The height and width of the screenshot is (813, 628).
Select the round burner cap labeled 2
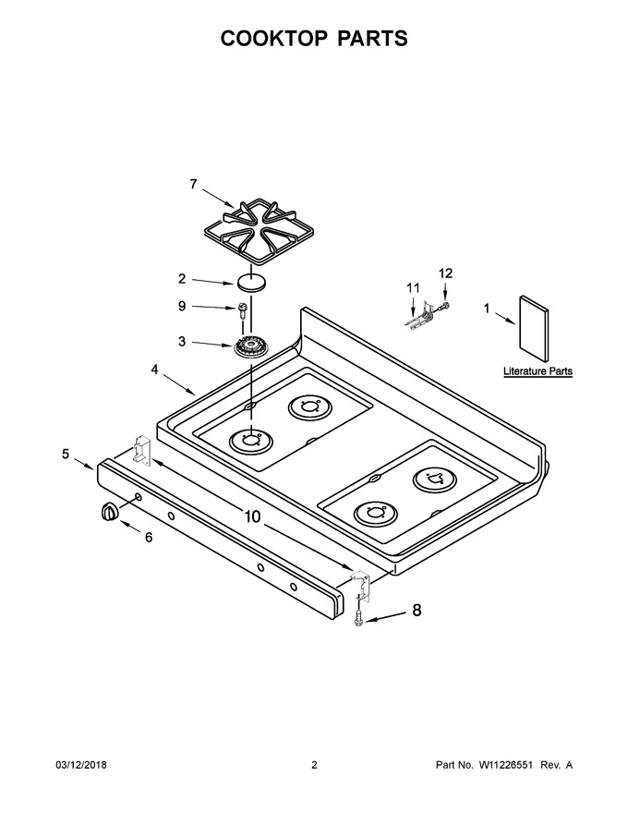point(251,283)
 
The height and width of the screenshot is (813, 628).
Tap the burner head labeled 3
point(251,346)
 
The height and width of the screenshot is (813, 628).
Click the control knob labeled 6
point(108,511)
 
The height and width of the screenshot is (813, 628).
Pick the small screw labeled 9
point(241,309)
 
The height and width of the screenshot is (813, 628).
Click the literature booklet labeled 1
point(534,329)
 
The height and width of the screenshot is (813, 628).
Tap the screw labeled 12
point(443,306)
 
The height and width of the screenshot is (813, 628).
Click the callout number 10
point(252,517)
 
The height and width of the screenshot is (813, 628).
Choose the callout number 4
point(154,370)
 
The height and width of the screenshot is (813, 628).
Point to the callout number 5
point(66,455)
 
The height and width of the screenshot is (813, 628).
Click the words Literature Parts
point(537,371)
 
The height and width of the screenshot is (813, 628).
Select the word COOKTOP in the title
point(274,39)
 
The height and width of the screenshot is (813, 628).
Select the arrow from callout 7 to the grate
point(218,199)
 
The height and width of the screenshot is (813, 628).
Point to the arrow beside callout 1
point(505,319)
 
